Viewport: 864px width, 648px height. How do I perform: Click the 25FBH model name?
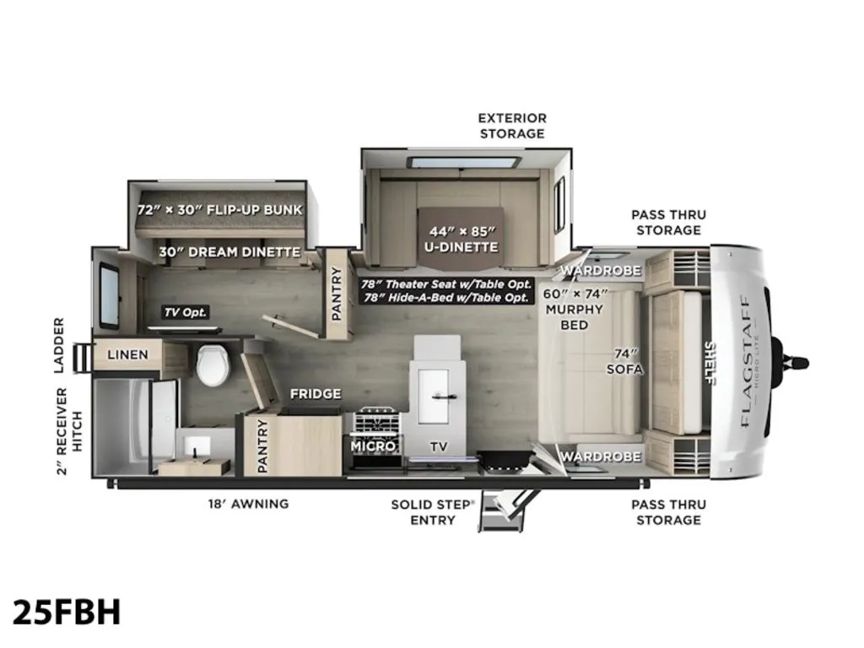click(66, 613)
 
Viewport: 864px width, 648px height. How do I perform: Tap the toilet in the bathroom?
click(213, 365)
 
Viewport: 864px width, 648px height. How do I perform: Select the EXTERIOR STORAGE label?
click(512, 126)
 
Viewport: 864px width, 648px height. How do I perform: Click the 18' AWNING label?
click(249, 504)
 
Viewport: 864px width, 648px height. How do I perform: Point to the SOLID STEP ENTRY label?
click(433, 512)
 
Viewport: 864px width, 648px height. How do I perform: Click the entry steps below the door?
click(503, 510)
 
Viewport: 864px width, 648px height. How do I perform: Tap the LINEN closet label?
click(128, 354)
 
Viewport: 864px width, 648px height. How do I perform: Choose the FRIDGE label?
click(316, 394)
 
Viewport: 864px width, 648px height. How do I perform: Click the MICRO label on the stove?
click(373, 445)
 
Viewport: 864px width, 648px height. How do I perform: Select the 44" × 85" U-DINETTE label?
click(462, 239)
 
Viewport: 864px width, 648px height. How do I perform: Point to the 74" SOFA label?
click(625, 361)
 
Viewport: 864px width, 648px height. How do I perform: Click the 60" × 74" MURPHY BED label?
click(575, 309)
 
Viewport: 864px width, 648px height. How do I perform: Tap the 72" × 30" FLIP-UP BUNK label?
click(220, 209)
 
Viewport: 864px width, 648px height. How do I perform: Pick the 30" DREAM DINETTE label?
click(229, 252)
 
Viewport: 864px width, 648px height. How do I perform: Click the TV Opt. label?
click(186, 312)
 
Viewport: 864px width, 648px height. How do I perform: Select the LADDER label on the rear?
click(60, 345)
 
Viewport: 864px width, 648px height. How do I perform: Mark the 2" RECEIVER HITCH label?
click(69, 431)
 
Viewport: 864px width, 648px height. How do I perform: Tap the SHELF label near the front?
click(710, 363)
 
